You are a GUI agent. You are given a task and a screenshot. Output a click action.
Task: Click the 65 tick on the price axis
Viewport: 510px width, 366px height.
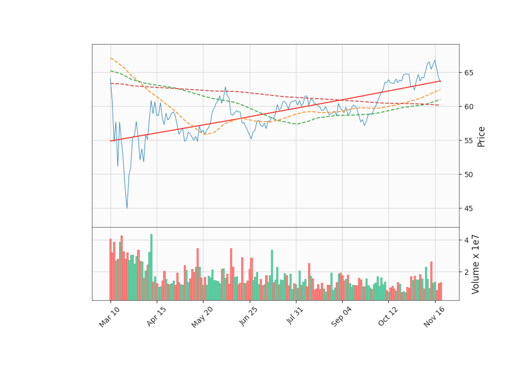(468, 73)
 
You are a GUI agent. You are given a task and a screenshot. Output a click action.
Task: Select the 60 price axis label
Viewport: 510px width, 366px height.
(468, 107)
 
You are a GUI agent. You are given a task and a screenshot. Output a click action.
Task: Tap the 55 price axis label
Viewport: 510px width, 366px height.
(468, 141)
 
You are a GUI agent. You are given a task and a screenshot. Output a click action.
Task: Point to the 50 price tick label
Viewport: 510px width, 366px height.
(468, 175)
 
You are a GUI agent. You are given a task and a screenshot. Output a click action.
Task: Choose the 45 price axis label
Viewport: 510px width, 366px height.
(468, 208)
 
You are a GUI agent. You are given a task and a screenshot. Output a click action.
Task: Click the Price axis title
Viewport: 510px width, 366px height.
(482, 136)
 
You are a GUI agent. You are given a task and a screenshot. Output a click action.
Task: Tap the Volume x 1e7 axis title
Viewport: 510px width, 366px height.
(476, 264)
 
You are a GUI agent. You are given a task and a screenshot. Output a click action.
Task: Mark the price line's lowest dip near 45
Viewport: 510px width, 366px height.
(127, 208)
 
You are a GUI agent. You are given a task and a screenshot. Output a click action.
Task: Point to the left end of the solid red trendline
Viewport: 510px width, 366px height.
(110, 141)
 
